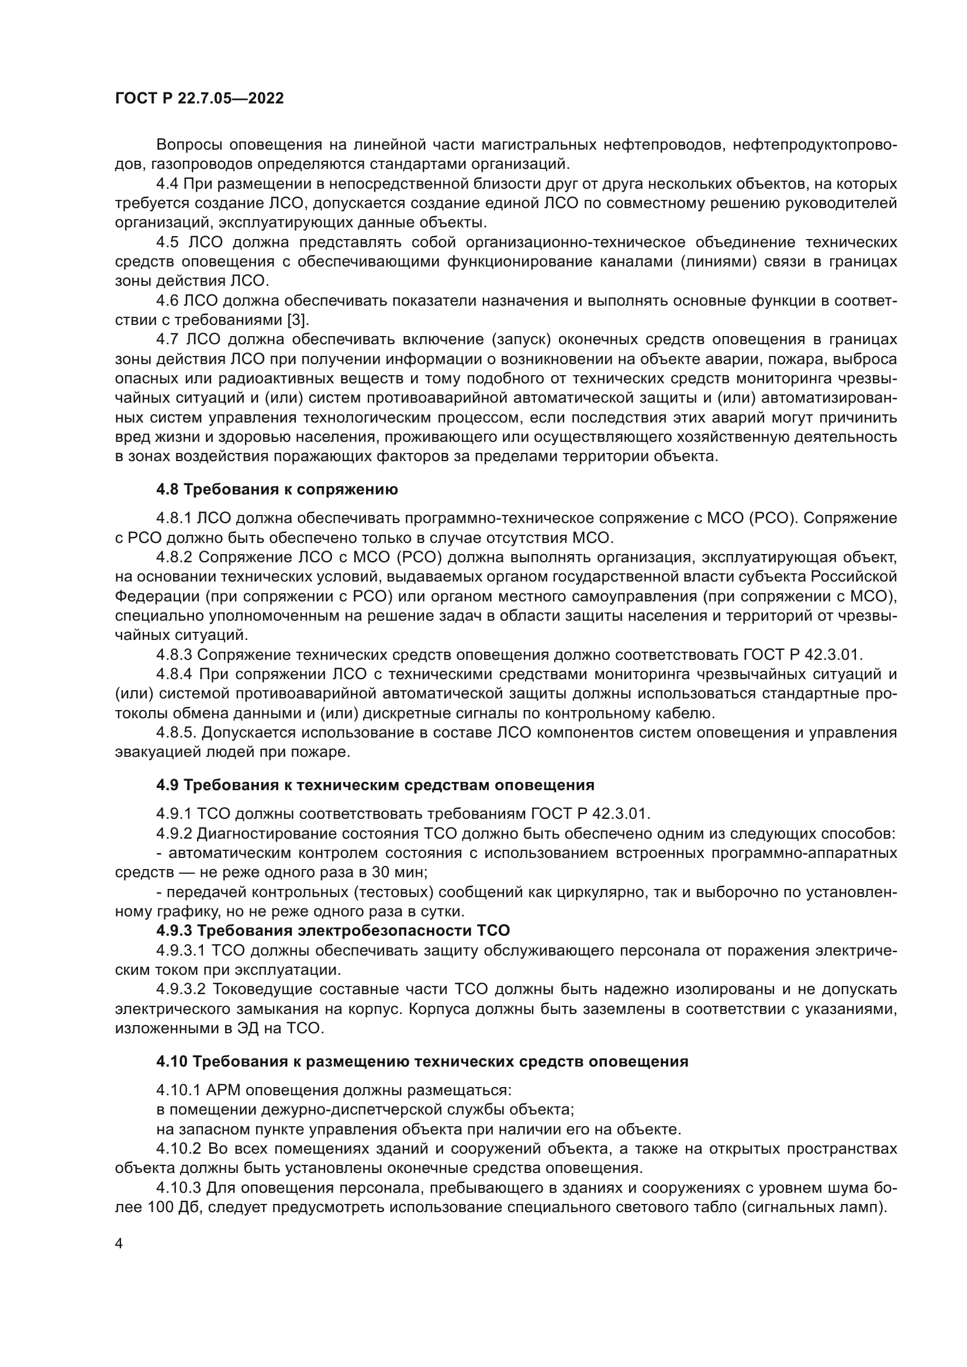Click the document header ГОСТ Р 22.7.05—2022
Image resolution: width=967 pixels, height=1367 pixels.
199,99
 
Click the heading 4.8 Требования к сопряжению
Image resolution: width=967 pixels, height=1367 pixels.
277,489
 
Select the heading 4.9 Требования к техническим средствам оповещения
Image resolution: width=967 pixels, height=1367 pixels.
375,785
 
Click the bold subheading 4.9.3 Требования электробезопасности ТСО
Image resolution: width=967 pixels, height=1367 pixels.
333,930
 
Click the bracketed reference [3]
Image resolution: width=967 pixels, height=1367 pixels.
297,320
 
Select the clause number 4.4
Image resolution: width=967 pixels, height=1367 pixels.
168,184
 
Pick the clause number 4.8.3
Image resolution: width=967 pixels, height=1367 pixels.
174,655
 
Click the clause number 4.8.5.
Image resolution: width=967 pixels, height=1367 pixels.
175,732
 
